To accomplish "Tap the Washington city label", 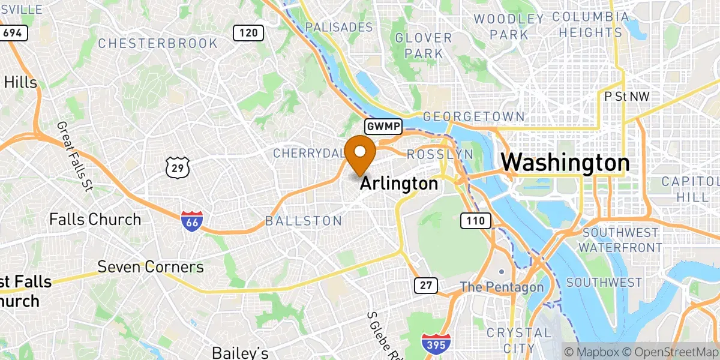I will tap(565, 163).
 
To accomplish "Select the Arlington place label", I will tap(399, 184).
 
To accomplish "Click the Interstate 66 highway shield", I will tap(191, 221).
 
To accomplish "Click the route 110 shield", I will tap(476, 221).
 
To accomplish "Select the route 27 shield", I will tap(425, 286).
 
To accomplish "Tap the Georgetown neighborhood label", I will tap(474, 116).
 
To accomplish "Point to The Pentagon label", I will tap(502, 287).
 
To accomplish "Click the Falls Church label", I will tap(95, 219).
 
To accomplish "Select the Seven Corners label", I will tap(151, 266).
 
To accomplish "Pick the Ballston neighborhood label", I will tap(304, 221).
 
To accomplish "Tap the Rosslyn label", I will tap(440, 154).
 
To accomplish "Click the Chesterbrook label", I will tap(158, 43).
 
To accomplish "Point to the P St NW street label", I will tap(627, 96).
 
